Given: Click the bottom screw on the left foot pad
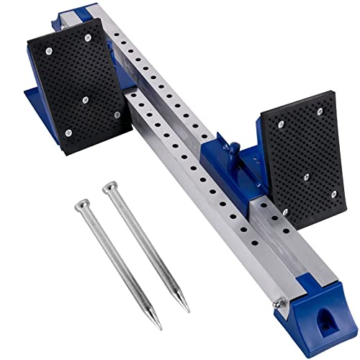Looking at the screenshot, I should point(66,132).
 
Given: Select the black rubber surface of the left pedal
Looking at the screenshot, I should point(72,79).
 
